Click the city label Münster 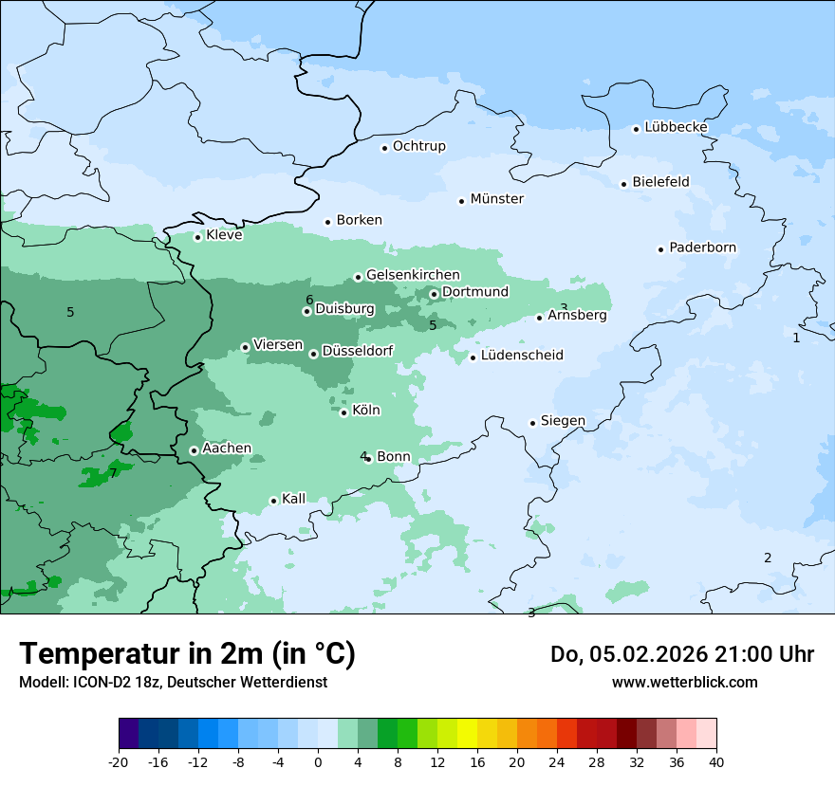[x=496, y=199]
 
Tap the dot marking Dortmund [x=434, y=293]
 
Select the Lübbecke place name [x=676, y=127]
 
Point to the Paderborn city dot [x=660, y=249]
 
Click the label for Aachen [x=227, y=448]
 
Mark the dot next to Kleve [x=197, y=237]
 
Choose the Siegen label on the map [x=563, y=421]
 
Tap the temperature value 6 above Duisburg [x=309, y=301]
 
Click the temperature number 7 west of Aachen [x=113, y=473]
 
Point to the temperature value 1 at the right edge [x=796, y=338]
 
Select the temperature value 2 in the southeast [x=768, y=558]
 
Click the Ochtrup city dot [x=384, y=148]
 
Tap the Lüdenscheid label [x=522, y=356]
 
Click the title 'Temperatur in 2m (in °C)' [x=187, y=654]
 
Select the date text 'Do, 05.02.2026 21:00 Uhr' [x=682, y=654]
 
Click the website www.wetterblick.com [x=684, y=682]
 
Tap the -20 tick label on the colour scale [x=119, y=762]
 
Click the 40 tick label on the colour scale [x=716, y=762]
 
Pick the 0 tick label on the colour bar [x=318, y=762]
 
